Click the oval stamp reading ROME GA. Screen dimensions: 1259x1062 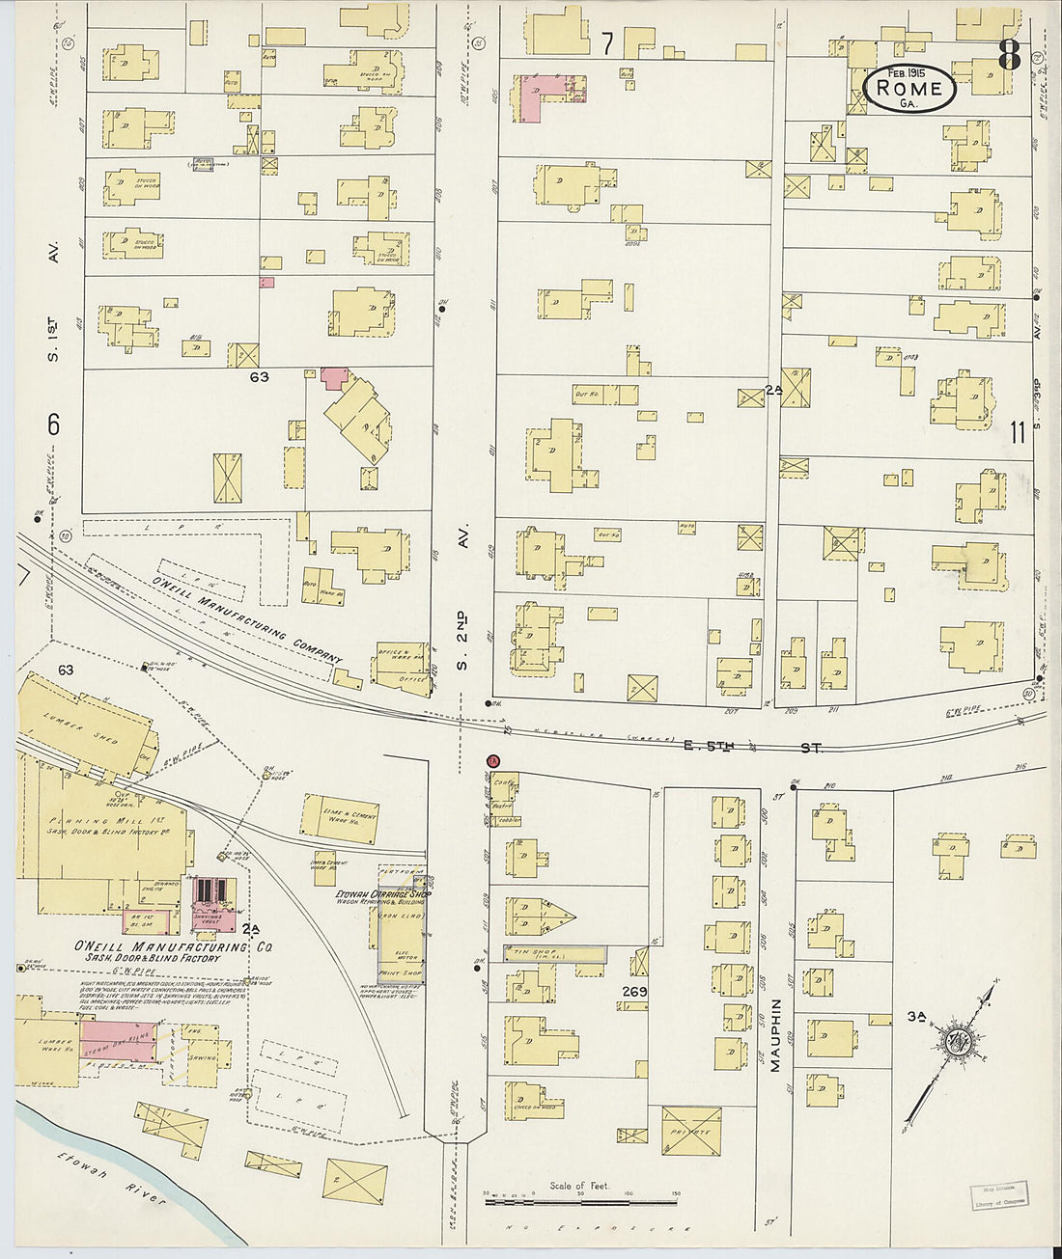pos(909,89)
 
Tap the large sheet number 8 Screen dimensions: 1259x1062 pos(1008,55)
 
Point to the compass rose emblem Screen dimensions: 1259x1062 pos(960,1041)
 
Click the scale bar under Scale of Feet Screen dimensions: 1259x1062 pos(581,1202)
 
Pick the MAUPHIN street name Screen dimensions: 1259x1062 pos(775,1024)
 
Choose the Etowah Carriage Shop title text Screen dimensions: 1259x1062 pos(380,893)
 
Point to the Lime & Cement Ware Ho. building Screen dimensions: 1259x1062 pos(338,818)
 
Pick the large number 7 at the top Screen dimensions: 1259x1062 pos(606,42)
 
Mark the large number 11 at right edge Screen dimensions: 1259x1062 pos(1016,432)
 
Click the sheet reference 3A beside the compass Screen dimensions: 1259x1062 pos(916,1015)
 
